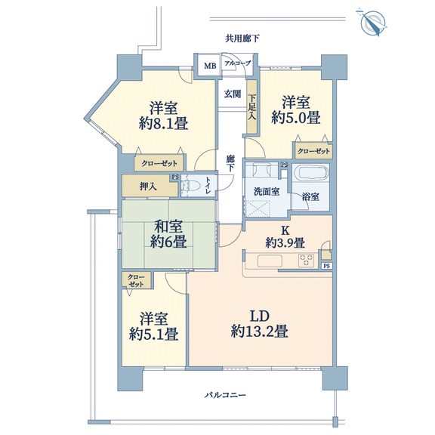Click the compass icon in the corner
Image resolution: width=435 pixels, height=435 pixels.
372,23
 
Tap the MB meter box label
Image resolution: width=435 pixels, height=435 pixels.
210,66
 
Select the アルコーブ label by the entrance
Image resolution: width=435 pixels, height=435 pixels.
237,63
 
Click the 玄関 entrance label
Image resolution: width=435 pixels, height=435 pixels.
233,94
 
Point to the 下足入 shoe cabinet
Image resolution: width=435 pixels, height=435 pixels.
252,107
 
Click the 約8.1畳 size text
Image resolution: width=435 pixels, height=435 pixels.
163,123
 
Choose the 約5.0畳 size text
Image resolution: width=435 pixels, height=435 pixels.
296,117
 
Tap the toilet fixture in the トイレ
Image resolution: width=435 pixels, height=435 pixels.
190,186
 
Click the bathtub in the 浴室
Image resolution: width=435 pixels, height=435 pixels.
311,173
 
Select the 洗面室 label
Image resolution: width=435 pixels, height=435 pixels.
267,191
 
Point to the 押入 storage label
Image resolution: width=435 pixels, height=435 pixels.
148,187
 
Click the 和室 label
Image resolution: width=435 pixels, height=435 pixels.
168,226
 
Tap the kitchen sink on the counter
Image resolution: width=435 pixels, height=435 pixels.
270,261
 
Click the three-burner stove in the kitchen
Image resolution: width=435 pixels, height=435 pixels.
307,261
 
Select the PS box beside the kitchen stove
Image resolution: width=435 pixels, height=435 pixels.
327,266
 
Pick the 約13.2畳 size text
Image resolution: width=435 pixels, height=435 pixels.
259,332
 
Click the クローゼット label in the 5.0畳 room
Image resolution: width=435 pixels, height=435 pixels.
313,151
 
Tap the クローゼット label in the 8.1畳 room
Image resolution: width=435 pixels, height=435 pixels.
159,163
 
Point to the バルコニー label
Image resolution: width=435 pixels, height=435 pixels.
225,394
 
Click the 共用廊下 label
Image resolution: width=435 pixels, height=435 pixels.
242,39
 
